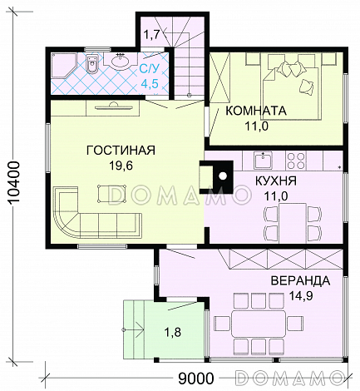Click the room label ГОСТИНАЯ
[x=121, y=151]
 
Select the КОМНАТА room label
[x=256, y=110]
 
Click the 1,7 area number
[x=150, y=35]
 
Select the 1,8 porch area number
[x=173, y=333]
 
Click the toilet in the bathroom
[x=93, y=65]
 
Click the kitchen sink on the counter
[x=264, y=156]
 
